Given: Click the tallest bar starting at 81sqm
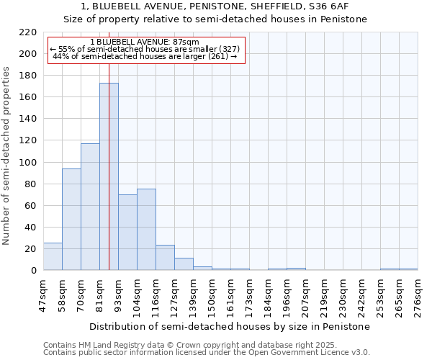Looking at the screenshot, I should pos(109,176).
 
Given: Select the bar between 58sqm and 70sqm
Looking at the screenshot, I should pos(71,220).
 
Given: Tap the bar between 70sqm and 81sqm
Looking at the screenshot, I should pos(90,207).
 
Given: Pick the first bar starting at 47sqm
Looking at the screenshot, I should pos(53,256).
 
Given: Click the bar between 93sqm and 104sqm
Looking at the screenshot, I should pos(127,232).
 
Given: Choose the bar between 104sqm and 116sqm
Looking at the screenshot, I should pos(146,229).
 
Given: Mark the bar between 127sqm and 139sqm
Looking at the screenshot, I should pos(184,264).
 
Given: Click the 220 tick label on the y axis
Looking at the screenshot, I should pos(28,32).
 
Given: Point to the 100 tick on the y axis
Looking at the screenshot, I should pos(28,163).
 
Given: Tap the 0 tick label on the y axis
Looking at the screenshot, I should pos(33,271).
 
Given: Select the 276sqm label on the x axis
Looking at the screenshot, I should pos(418,295).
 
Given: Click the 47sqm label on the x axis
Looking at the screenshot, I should pos(43,295).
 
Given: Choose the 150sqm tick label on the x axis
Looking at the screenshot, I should pos(212,295).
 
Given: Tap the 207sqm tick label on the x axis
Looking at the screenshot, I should pos(305,295).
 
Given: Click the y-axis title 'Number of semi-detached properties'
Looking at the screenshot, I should pos(7,156).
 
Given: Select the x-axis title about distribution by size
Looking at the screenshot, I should pos(230,326).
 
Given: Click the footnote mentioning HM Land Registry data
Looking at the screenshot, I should pos(169,345).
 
